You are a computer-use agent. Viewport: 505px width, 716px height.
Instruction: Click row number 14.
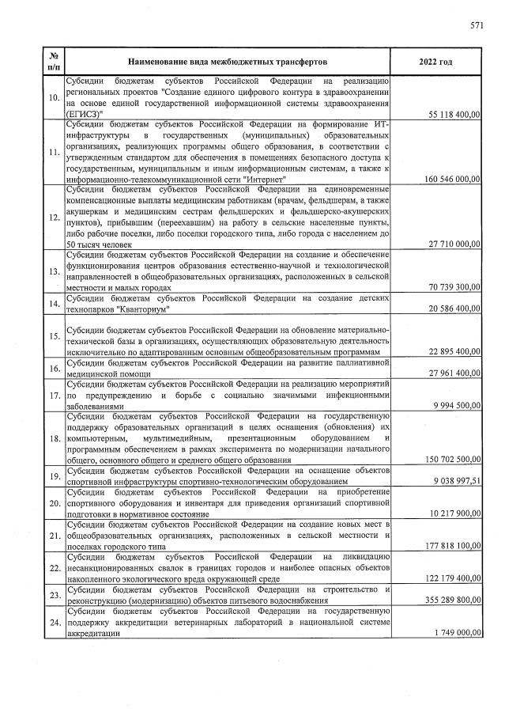(54, 304)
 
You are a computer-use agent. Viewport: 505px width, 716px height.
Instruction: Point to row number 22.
(54, 568)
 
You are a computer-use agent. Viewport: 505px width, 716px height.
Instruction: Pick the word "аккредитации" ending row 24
(93, 634)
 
